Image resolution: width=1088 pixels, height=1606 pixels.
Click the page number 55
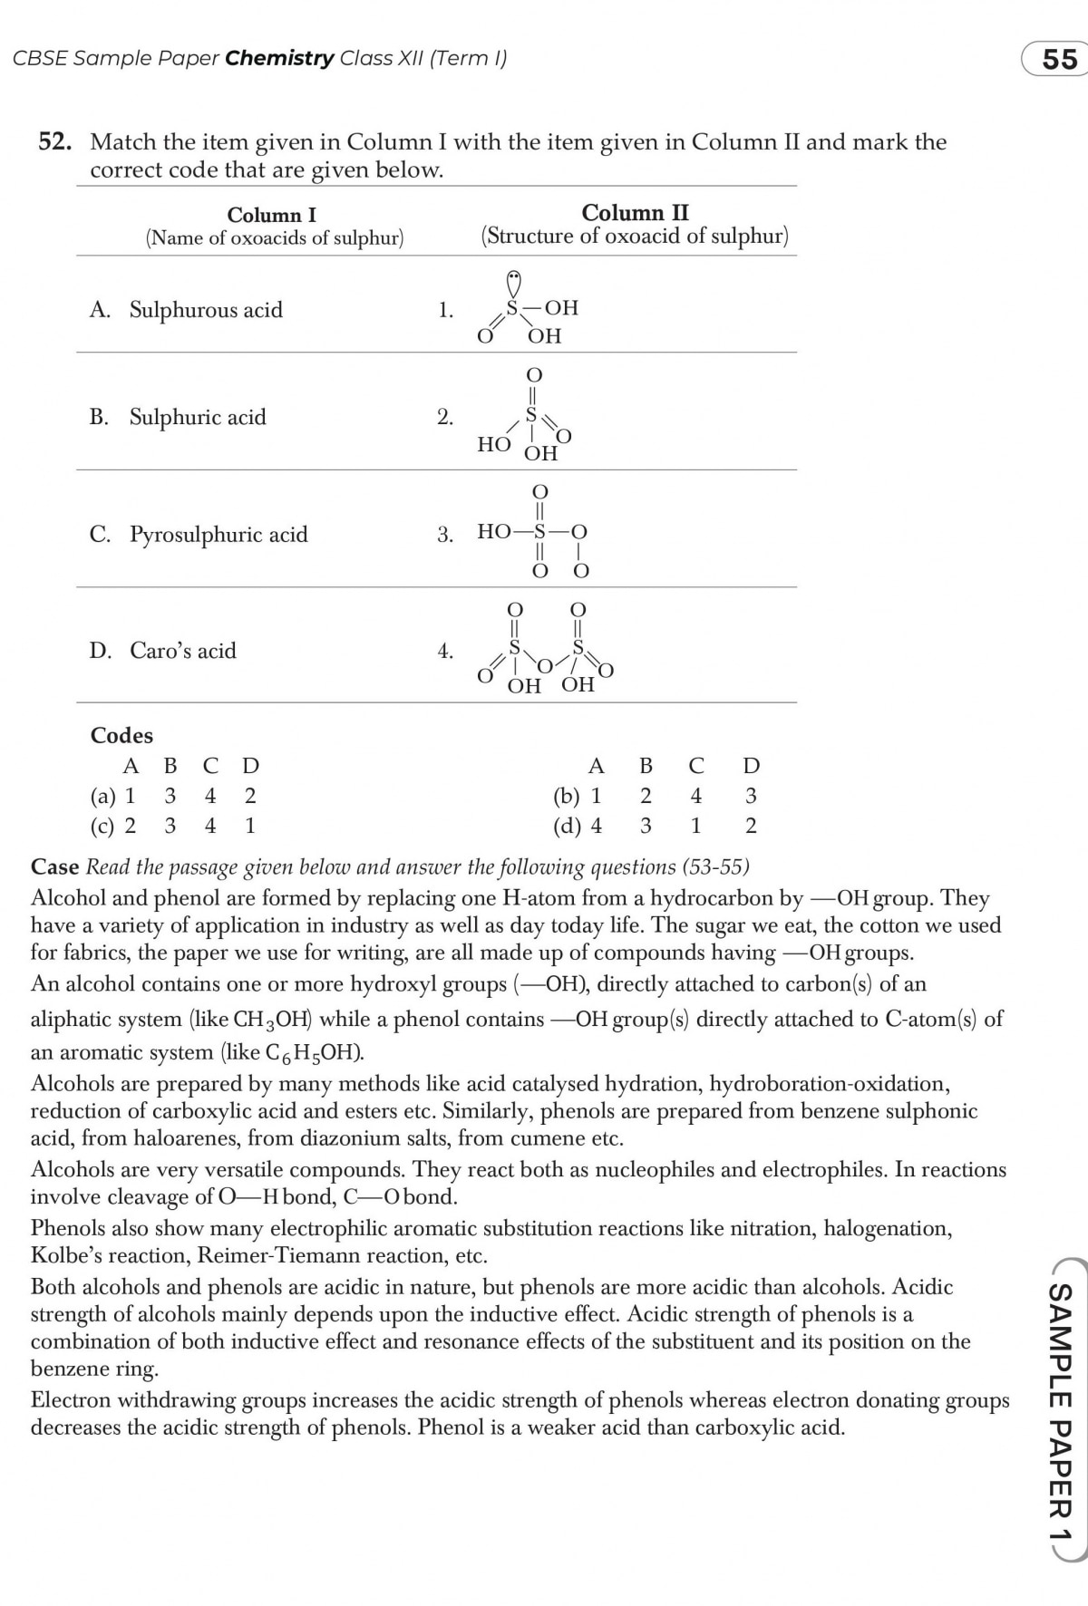[1058, 60]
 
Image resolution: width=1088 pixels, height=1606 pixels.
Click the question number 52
[54, 142]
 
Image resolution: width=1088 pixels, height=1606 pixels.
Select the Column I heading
[271, 215]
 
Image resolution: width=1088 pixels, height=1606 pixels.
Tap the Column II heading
[635, 213]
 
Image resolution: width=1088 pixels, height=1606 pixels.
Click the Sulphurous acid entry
[205, 310]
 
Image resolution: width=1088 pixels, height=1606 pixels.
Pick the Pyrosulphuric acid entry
[218, 534]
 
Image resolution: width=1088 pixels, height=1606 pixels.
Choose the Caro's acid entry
[182, 651]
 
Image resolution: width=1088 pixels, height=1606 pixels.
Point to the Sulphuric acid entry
[197, 417]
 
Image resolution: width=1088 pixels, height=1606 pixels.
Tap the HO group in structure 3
[493, 532]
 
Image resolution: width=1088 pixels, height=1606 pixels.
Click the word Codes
[121, 735]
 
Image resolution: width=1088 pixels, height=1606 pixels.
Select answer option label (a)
[102, 797]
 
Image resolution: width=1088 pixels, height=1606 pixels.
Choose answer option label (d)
[565, 826]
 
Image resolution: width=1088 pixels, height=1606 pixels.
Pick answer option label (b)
[565, 797]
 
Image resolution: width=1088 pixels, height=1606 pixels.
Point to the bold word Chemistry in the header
[279, 59]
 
